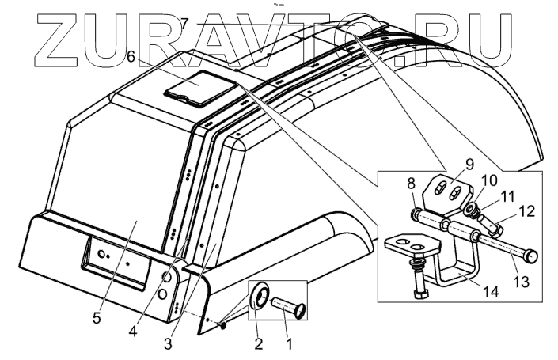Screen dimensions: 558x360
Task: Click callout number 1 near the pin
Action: tap(289, 345)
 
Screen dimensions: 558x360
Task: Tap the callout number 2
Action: tap(257, 345)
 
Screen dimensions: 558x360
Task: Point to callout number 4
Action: tap(133, 332)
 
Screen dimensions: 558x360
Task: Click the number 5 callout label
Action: tap(96, 319)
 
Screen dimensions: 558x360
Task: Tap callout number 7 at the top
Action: tap(184, 23)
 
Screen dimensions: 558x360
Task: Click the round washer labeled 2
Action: tap(260, 299)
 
